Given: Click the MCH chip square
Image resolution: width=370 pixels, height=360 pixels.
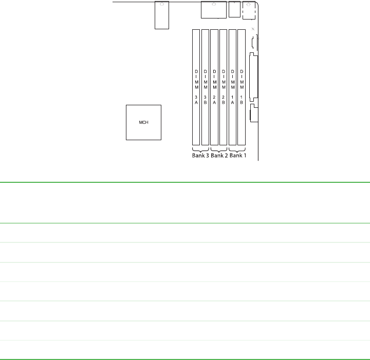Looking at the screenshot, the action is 144,123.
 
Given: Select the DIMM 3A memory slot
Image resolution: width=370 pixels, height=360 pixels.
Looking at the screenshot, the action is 196,87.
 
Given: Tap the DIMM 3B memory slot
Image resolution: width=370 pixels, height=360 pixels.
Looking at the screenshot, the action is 205,87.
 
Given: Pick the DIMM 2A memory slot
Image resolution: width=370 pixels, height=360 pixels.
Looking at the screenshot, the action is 214,87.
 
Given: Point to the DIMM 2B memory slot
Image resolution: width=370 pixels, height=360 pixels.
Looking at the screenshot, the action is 224,87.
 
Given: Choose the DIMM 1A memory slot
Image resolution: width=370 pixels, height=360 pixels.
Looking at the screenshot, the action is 232,87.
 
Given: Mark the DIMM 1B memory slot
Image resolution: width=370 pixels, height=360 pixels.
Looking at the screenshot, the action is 242,87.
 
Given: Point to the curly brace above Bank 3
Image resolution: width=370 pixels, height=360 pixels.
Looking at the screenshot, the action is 200,148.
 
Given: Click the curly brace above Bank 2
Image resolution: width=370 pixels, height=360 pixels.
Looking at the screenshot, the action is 219,148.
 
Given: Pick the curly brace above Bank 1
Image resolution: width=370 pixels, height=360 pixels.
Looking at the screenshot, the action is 237,148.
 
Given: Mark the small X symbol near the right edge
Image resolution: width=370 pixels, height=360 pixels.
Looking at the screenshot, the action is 253,29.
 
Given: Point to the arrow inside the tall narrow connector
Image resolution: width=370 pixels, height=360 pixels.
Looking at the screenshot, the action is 161,4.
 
